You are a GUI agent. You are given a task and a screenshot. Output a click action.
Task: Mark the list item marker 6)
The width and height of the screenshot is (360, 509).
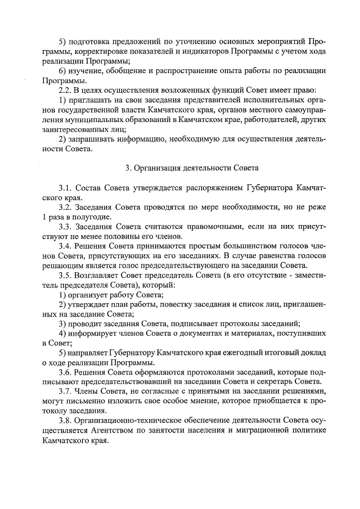click(64, 71)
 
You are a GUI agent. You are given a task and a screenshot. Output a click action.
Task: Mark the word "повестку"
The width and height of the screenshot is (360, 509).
click(162, 304)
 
